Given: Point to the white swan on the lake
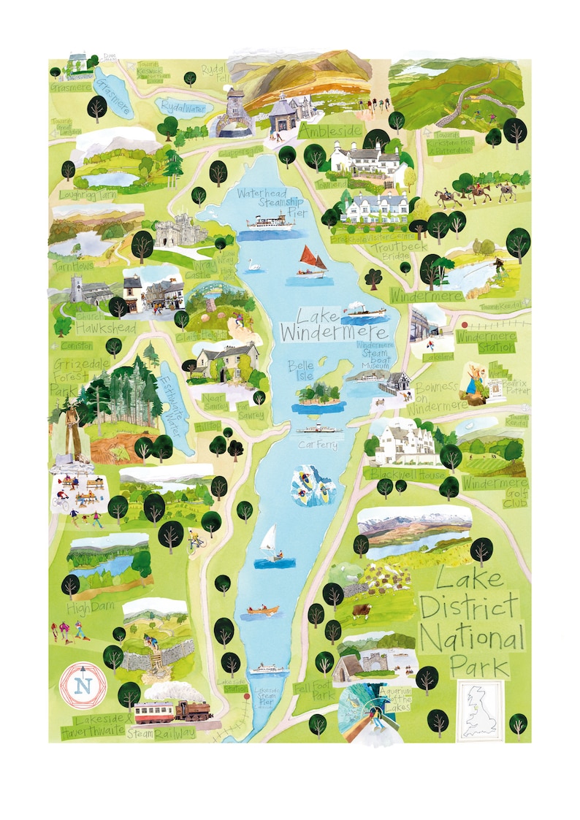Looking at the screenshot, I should coord(254,264).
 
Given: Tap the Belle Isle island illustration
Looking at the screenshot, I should coord(318,395).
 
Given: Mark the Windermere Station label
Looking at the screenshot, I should coord(486,340).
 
